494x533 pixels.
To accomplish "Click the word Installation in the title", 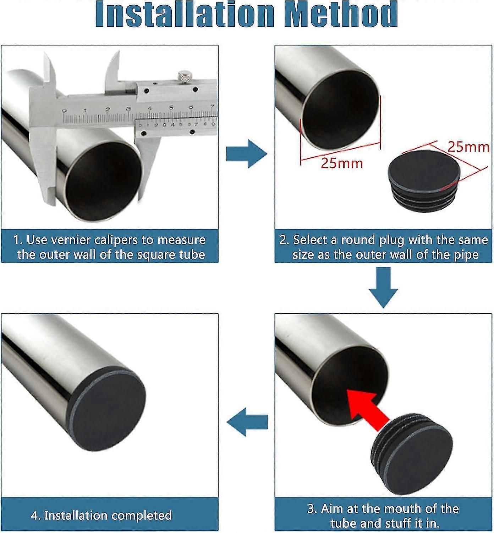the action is pos(185,14).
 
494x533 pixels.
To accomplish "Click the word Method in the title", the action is pos(341,14).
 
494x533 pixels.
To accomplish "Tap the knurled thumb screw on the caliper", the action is pos(185,76).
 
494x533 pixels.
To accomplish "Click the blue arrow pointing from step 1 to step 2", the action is pos(247,154).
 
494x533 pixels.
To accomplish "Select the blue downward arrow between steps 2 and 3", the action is pos(383,287).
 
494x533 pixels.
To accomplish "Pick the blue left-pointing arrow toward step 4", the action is pos(247,422).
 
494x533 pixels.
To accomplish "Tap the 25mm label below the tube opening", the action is pos(342,163).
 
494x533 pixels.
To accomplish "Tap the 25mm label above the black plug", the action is pos(468,147).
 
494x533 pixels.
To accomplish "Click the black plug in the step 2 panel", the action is pos(423,181).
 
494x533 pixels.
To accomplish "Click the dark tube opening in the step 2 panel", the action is pos(340,109).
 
